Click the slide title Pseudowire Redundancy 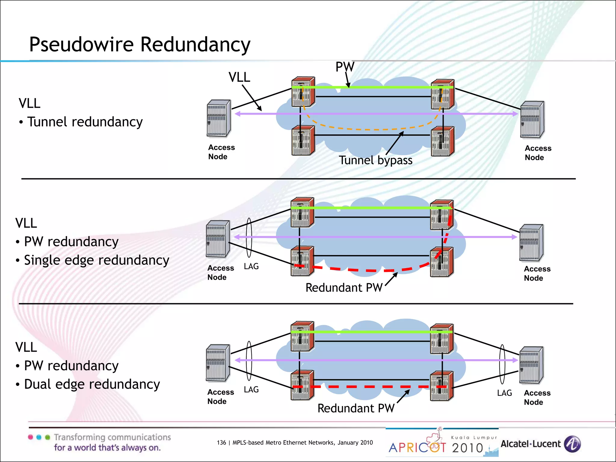coord(140,45)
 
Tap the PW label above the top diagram coord(345,67)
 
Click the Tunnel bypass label coord(375,160)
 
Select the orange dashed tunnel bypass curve coord(373,129)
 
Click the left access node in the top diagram coord(219,119)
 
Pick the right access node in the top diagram coord(532,120)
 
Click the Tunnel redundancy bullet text coord(85,122)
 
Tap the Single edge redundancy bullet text coord(96,260)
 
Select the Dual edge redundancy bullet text coord(92,384)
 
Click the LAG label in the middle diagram coord(251,266)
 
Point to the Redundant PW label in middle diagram coord(344,288)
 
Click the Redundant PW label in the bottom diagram coord(356,408)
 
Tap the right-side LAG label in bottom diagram coord(504,393)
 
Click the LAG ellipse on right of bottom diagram coord(502,364)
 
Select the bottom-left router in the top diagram coord(303,141)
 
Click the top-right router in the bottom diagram coord(442,339)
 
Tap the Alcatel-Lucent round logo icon coord(572,444)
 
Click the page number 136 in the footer coord(221,443)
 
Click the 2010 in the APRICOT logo coord(467,448)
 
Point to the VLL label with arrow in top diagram coord(239,77)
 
